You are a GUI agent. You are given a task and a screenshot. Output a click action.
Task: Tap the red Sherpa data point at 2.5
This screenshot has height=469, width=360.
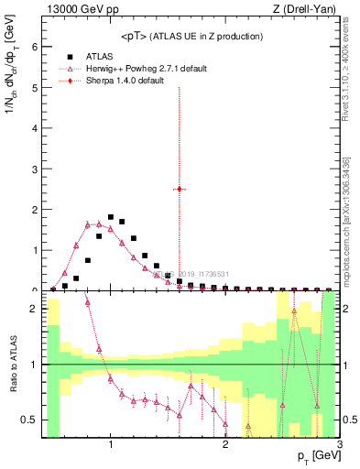[x=180, y=189]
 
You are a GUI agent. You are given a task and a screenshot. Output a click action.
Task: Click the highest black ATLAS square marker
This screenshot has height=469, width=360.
[x=111, y=217]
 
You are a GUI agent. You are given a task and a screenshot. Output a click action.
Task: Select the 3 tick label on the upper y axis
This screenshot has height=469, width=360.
[x=35, y=169]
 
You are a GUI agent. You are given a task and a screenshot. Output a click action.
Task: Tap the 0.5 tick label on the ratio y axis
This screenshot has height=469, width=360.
[x=30, y=420]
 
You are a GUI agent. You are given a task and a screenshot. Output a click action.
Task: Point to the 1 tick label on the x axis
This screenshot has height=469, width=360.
[x=111, y=445]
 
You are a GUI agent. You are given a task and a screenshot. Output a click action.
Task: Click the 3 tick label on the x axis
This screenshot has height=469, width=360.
[x=339, y=445]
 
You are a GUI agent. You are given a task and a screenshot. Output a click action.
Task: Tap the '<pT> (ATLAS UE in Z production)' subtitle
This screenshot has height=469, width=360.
[x=191, y=36]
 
